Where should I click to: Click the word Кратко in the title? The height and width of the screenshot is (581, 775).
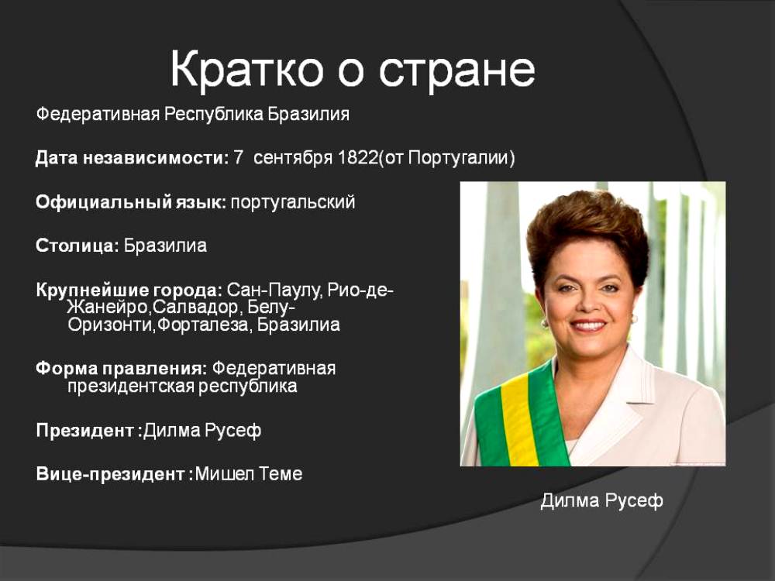point(246,69)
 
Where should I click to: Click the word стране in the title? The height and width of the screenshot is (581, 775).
point(457,70)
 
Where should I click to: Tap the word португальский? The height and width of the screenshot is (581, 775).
point(293,202)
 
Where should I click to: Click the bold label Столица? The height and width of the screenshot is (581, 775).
point(77,246)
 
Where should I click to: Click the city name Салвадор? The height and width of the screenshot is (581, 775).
point(197,308)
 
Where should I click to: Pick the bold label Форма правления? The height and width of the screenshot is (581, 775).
point(122,369)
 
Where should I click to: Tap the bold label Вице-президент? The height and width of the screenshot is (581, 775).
point(110,474)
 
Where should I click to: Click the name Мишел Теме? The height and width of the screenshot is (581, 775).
point(249,474)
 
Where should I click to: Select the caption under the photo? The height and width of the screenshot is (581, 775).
point(601,500)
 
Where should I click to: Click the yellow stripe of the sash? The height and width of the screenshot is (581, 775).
point(519,420)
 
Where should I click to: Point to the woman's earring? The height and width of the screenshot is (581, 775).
point(545,324)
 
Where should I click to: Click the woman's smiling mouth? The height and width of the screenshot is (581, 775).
point(588,325)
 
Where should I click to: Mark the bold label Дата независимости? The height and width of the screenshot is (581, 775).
point(133,158)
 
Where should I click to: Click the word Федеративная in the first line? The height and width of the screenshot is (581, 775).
point(98,115)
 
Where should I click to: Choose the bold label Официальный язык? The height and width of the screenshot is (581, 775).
point(131,202)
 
